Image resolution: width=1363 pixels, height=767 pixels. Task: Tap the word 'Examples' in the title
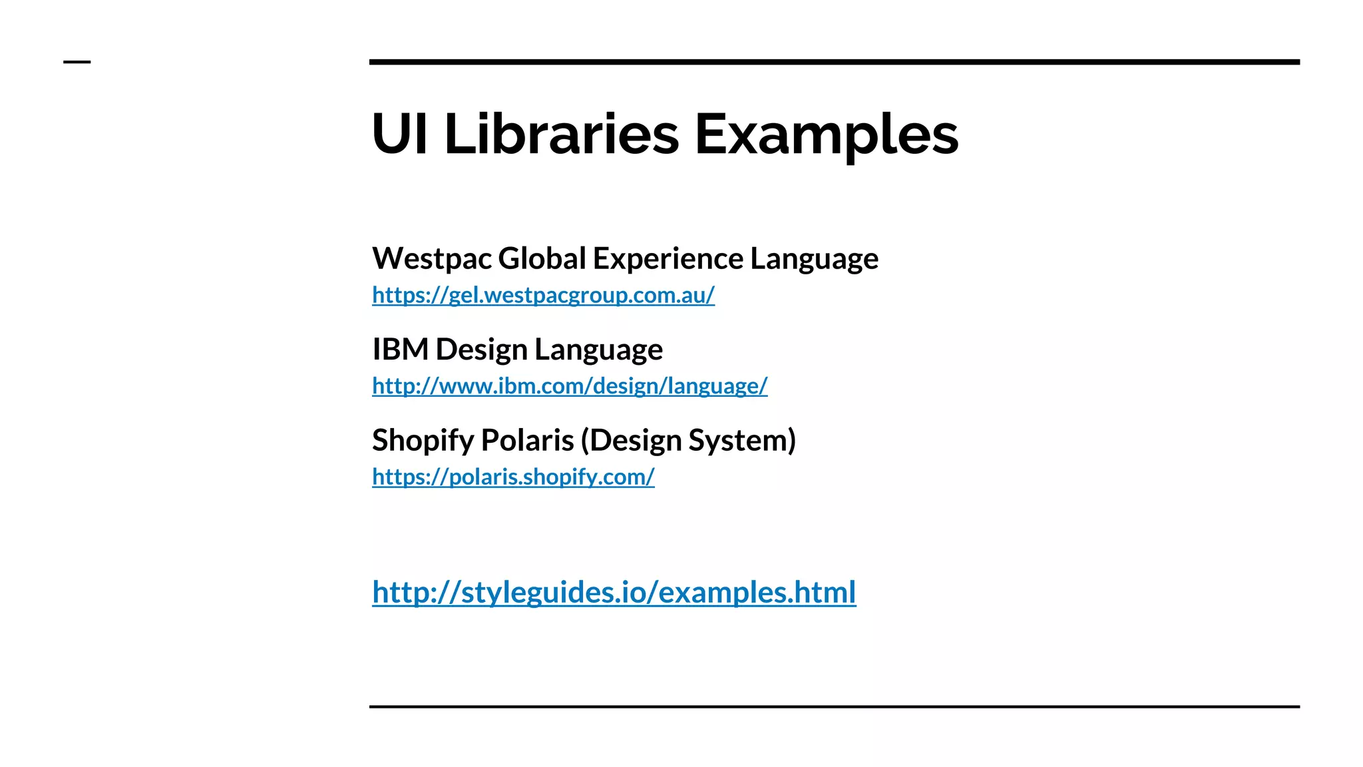[x=826, y=135]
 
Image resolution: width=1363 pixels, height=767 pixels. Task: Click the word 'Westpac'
[x=432, y=258]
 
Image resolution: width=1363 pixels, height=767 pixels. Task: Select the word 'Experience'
[x=668, y=260]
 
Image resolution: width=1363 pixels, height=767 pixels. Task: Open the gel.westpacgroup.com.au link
[x=543, y=295]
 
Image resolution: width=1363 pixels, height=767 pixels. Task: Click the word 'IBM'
[x=400, y=350]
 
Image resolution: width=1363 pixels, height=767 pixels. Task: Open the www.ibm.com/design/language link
[x=570, y=386]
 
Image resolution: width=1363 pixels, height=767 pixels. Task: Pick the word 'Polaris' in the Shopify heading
[x=527, y=441]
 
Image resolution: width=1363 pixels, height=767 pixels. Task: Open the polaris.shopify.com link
[x=513, y=477]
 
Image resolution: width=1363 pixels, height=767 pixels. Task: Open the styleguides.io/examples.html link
[x=614, y=592]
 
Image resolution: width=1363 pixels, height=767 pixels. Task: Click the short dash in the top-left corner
[x=77, y=62]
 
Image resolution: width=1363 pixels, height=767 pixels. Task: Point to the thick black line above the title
[x=834, y=62]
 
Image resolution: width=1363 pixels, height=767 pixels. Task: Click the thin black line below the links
[x=834, y=706]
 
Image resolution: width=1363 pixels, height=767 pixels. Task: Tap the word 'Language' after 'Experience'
[x=814, y=260]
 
